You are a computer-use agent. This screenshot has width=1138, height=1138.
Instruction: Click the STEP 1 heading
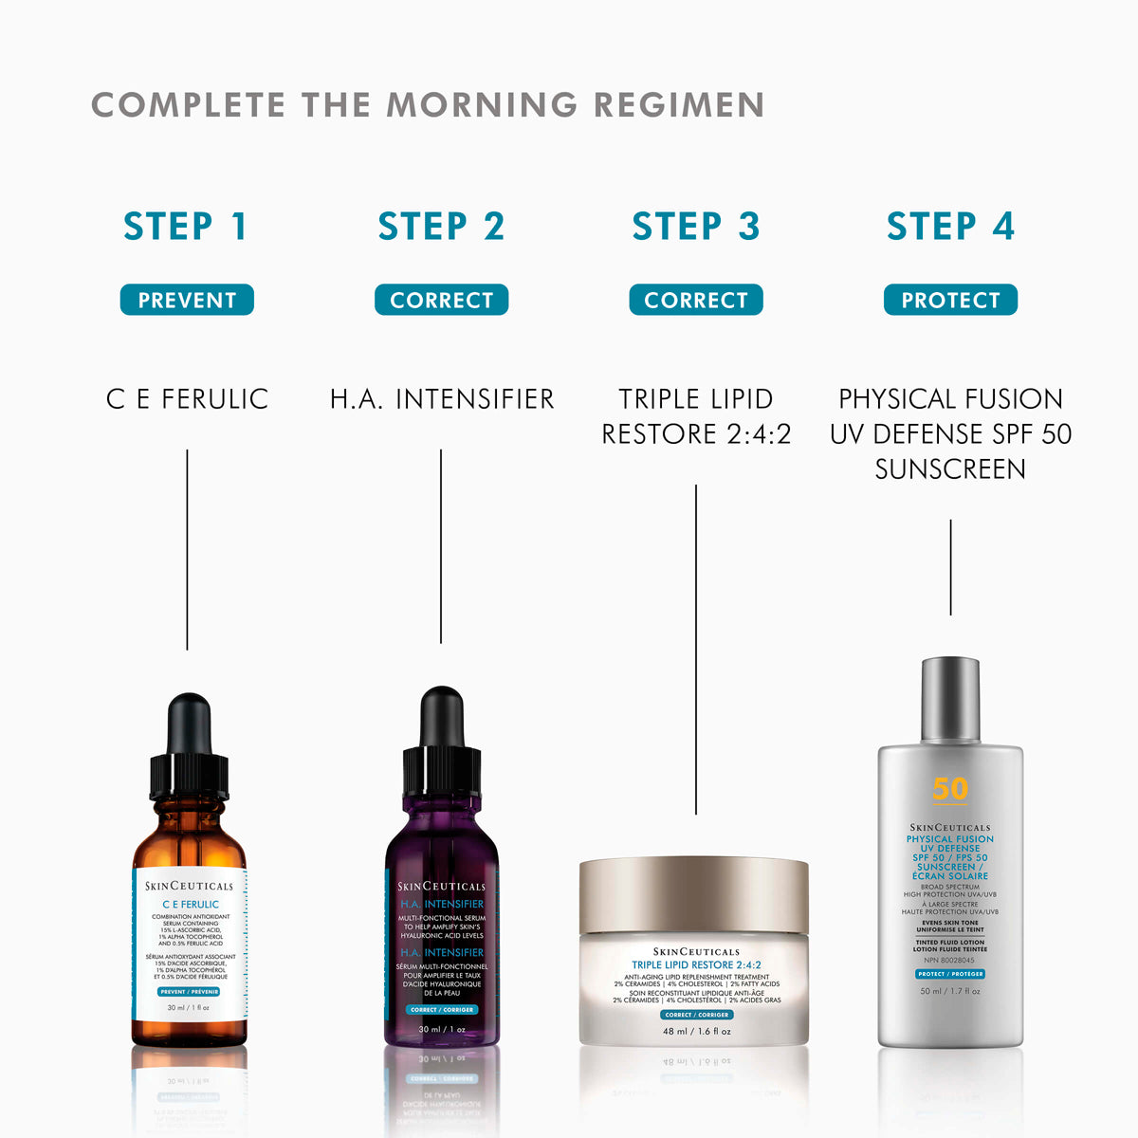[186, 227]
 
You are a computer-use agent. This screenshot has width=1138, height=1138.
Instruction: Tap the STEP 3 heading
[695, 227]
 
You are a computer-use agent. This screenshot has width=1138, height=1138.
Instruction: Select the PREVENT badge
[187, 300]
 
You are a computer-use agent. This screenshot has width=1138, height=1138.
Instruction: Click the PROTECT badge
[950, 300]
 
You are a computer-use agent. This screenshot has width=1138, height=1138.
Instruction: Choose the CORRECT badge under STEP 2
[441, 300]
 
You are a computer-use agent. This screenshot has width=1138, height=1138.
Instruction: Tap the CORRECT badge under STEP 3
[695, 300]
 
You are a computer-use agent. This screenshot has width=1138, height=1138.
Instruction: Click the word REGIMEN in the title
[679, 104]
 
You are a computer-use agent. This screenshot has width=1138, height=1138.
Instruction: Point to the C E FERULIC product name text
[187, 398]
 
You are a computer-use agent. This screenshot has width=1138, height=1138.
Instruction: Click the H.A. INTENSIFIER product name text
[441, 398]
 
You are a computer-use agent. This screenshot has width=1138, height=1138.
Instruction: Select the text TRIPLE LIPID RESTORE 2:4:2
[695, 416]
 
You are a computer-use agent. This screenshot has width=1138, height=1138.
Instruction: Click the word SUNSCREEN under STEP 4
[950, 468]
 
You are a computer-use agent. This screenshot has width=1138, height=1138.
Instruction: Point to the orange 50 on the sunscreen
[949, 789]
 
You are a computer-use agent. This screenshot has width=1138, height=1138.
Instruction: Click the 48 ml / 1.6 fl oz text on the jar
[696, 1031]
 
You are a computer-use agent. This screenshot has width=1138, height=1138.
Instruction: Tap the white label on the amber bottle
[189, 948]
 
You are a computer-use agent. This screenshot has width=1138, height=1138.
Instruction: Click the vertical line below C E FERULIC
[187, 550]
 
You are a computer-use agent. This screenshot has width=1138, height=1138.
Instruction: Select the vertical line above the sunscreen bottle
[950, 567]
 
